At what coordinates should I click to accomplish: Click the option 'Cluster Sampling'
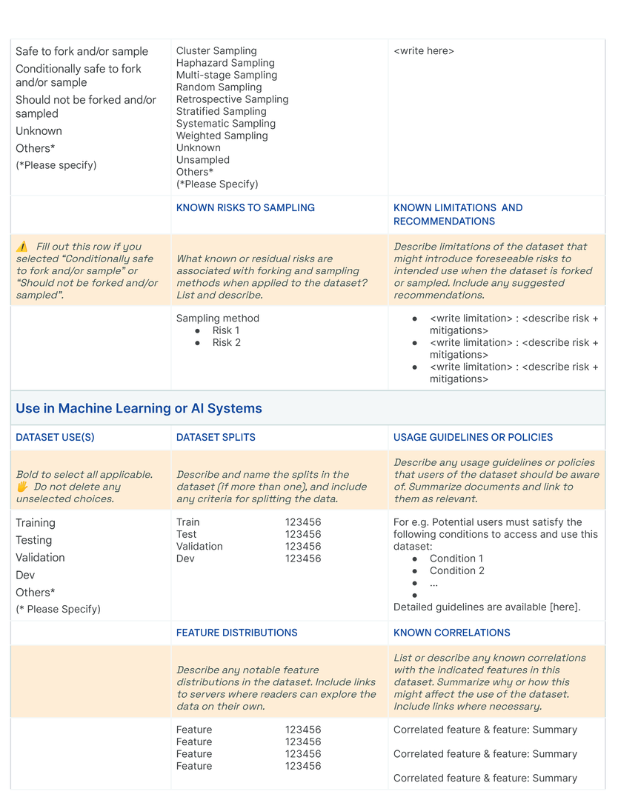click(216, 51)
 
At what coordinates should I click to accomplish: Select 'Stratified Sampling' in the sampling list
click(221, 112)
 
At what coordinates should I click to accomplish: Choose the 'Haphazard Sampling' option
click(225, 63)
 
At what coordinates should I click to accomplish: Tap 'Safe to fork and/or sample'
click(82, 52)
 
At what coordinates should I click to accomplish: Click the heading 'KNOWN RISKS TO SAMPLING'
click(245, 208)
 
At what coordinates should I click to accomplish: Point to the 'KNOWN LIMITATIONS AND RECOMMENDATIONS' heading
click(457, 215)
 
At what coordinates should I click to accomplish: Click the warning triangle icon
click(21, 247)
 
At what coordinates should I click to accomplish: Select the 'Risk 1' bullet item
click(226, 330)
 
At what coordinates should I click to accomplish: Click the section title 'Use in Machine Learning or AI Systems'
click(139, 409)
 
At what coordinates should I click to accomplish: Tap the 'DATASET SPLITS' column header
click(216, 438)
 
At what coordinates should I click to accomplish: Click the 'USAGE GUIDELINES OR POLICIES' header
click(473, 438)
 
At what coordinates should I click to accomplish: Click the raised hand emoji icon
click(21, 487)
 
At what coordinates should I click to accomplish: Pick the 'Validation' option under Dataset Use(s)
click(40, 558)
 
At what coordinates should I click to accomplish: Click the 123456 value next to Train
click(303, 522)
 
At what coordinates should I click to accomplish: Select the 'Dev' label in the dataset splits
click(185, 559)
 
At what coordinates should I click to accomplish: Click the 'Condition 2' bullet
click(456, 571)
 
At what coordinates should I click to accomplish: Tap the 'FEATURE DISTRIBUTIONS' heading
click(236, 633)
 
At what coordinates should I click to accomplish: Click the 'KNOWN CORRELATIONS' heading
click(451, 633)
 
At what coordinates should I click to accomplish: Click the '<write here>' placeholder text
click(424, 51)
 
